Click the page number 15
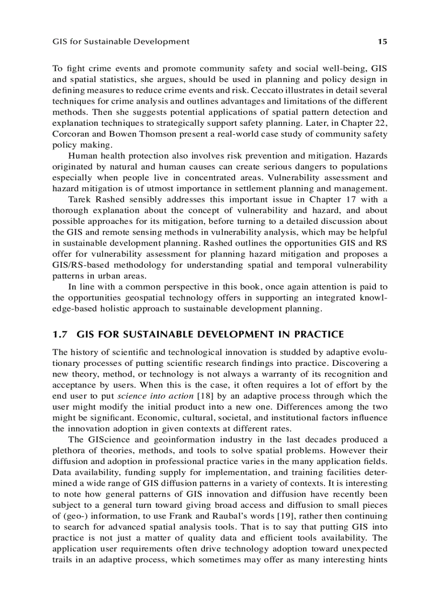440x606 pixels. tap(383, 42)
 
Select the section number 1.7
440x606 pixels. tap(59, 335)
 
